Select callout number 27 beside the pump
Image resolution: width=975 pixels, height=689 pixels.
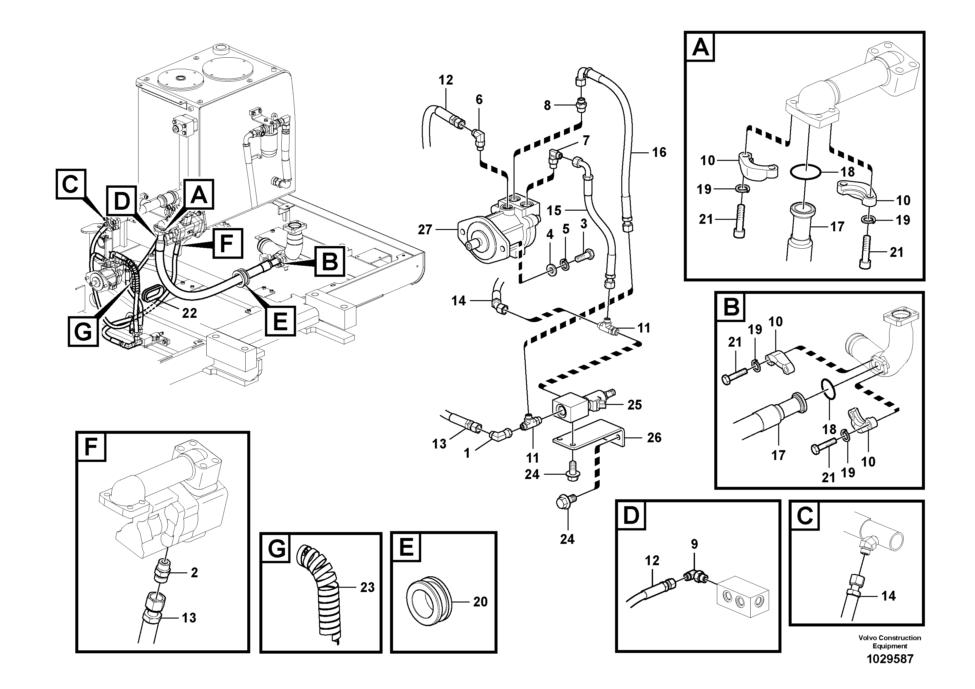pos(425,230)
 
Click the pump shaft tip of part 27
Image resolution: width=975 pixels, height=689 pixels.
pos(468,245)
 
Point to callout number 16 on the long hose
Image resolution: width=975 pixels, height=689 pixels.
pos(659,152)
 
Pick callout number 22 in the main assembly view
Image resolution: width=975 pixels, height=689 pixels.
pos(189,313)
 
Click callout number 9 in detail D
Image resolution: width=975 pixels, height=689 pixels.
pos(694,544)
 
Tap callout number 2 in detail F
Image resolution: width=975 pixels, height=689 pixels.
pos(194,573)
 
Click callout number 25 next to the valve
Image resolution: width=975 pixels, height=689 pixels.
pos(634,405)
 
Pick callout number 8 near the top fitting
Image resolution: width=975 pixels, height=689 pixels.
pos(547,105)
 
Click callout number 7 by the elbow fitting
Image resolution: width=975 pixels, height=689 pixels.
pos(586,141)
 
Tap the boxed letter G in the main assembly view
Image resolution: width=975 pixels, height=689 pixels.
pos(83,331)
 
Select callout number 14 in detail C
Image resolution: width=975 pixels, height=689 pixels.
pos(888,596)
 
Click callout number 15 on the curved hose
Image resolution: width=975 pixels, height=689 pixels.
pos(554,210)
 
